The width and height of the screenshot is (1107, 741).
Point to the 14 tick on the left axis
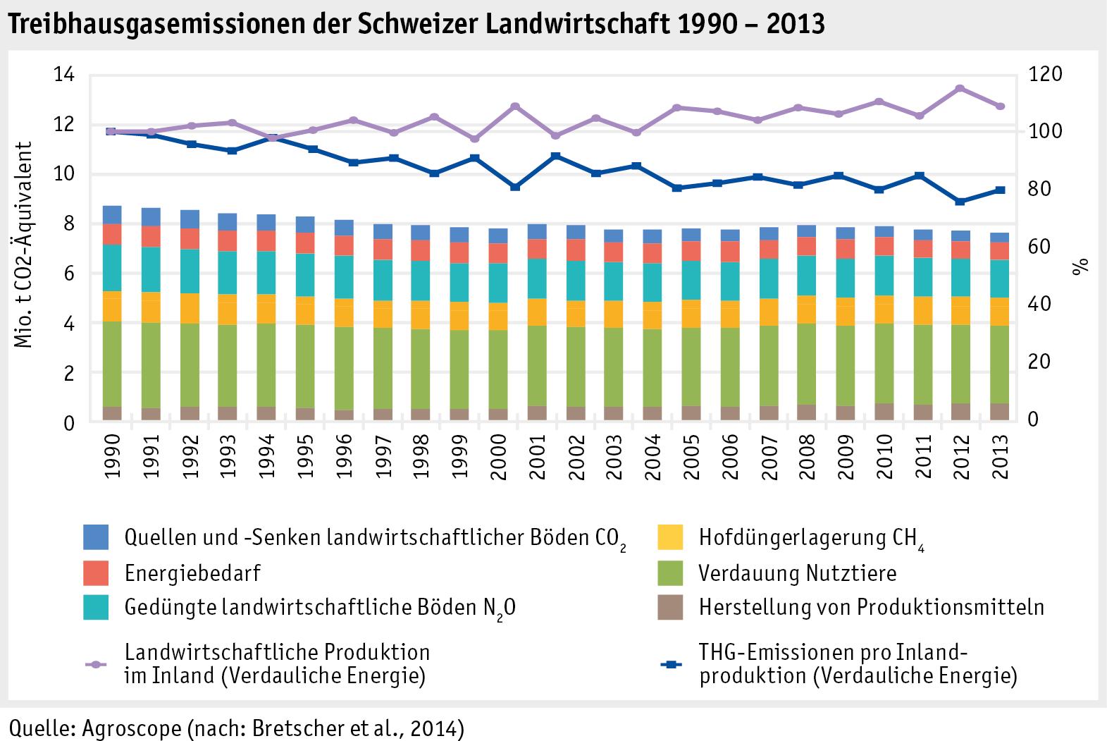[x=63, y=75]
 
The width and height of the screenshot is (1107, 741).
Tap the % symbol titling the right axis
[x=1080, y=266]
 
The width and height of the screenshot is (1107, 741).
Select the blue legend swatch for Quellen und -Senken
[x=96, y=537]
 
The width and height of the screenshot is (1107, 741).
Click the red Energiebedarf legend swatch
[x=96, y=572]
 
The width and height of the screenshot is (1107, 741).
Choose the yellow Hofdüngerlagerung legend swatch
[x=670, y=537]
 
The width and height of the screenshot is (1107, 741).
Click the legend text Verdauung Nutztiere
[x=797, y=572]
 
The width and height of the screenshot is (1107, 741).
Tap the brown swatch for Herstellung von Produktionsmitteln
[x=670, y=607]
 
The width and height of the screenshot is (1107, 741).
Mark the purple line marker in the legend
[x=96, y=664]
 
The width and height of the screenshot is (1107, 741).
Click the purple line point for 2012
[x=960, y=88]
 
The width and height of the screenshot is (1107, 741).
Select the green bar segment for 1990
[x=113, y=364]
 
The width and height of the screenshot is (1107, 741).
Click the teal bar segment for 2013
[x=999, y=278]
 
